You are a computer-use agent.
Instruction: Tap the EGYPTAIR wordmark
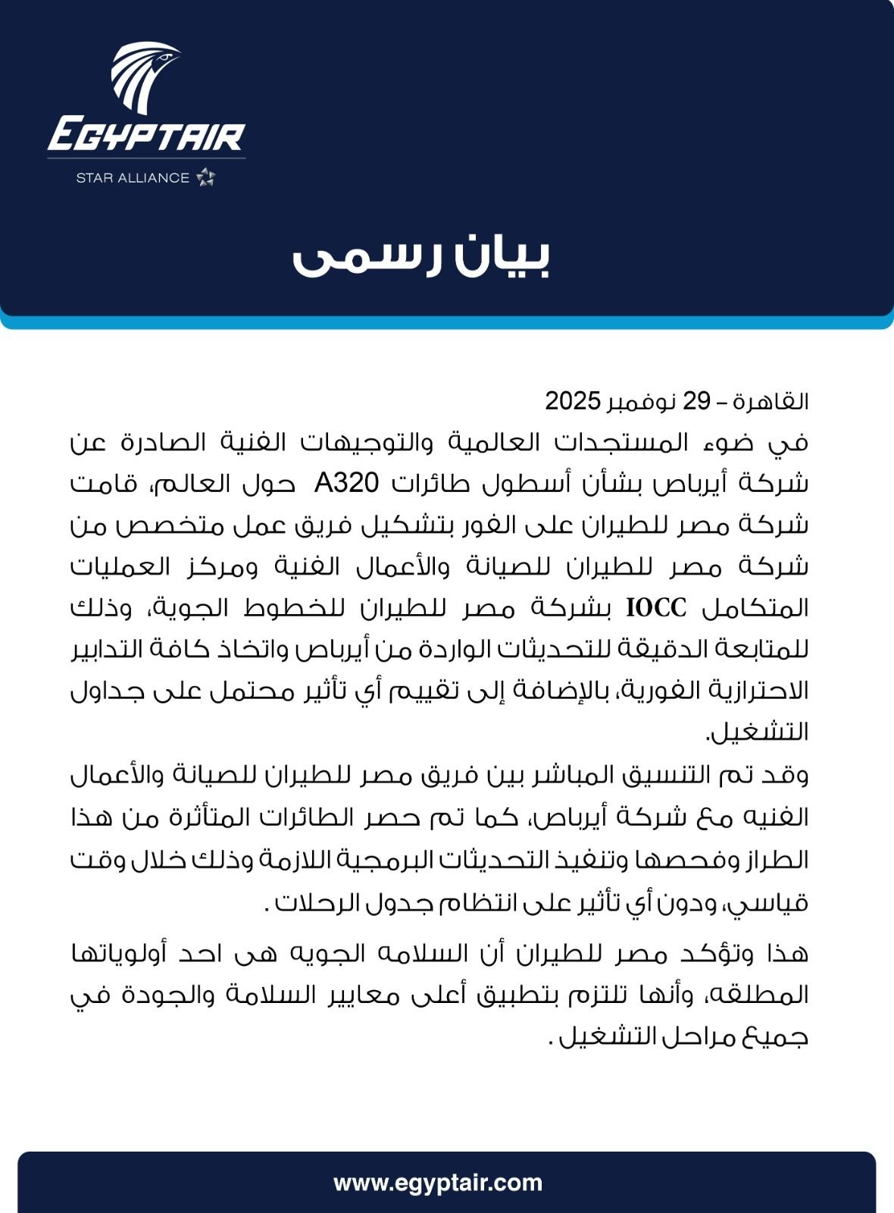coord(146,138)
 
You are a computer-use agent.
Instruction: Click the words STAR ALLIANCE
coord(133,178)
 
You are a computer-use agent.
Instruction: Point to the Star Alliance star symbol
coord(206,177)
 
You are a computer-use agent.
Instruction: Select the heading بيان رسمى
coord(421,257)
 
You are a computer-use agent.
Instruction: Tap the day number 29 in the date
coord(696,401)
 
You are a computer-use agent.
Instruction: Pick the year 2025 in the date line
coord(573,401)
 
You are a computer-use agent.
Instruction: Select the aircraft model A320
coord(346,483)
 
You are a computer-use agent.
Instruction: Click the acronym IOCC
coord(656,607)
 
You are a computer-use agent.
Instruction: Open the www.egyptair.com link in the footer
coord(438,1183)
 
